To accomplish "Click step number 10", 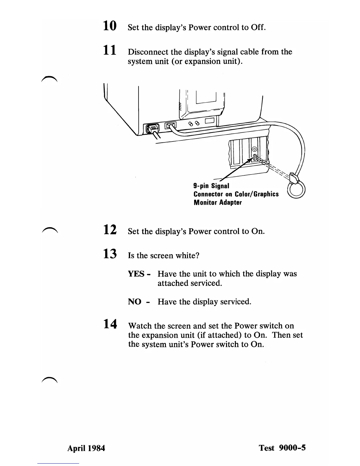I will (110, 26).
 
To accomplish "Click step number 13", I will (110, 254).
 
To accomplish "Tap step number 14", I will (110, 324).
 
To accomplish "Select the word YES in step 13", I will (137, 274).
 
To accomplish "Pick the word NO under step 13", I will (134, 302).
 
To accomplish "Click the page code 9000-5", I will (292, 448).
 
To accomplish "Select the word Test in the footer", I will (266, 448).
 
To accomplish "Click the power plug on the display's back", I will (151, 128).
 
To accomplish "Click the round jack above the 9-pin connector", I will (255, 149).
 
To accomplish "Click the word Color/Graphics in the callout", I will (256, 194).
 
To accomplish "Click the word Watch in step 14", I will (140, 326).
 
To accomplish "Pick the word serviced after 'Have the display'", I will (236, 302).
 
